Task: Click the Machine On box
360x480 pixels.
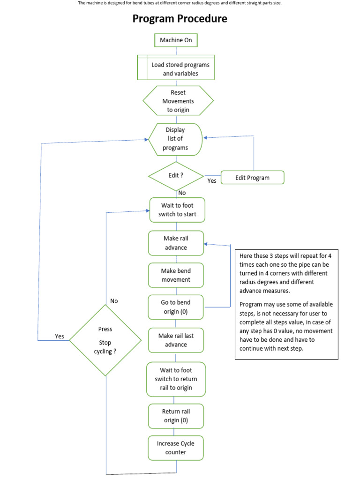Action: tap(176, 40)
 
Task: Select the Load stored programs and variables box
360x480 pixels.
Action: tap(176, 68)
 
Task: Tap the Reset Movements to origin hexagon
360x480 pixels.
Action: tap(178, 101)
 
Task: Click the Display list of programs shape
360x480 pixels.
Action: tap(175, 139)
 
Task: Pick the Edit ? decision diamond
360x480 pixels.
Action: tap(176, 176)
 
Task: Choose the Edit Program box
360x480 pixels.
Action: tap(252, 178)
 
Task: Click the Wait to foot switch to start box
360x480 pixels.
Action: tap(177, 210)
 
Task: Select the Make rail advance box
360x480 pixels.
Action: tap(176, 243)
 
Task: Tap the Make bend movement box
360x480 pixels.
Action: tap(176, 275)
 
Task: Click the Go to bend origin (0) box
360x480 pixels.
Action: tap(176, 307)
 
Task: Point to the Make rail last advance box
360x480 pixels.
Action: tap(176, 340)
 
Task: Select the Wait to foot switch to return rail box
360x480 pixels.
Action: tap(176, 379)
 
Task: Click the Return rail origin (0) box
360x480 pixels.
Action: tap(176, 416)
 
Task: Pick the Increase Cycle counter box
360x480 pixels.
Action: tap(176, 448)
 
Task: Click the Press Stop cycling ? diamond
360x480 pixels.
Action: tap(105, 340)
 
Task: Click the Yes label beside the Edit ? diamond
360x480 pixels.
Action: tap(212, 180)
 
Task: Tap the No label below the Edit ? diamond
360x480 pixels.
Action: tap(182, 192)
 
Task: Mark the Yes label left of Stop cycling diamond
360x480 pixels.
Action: tap(60, 336)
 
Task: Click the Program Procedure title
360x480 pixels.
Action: tap(180, 19)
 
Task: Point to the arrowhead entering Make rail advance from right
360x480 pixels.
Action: tap(207, 245)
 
